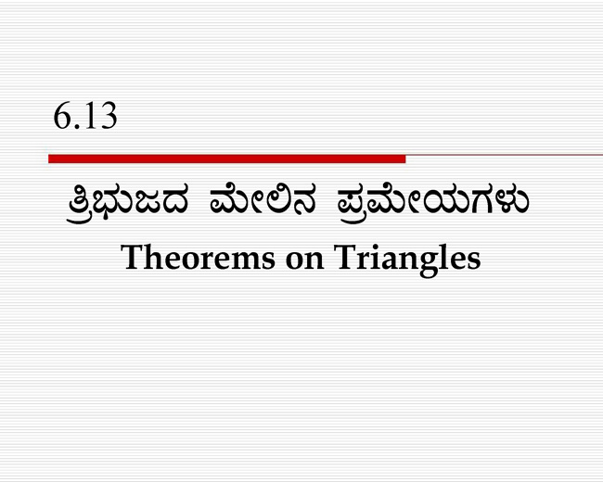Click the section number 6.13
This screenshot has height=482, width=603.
(x=85, y=116)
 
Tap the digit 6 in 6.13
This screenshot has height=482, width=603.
(x=61, y=116)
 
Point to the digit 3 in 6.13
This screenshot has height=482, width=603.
(x=108, y=116)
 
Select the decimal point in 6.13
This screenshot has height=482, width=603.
(x=76, y=126)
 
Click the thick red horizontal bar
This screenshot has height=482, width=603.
(x=227, y=159)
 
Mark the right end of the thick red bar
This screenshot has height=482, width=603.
(x=405, y=159)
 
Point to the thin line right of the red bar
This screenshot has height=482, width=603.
(x=504, y=155)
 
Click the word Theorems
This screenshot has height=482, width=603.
(x=198, y=257)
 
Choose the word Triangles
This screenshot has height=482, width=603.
(x=407, y=260)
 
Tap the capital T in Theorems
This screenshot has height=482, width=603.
(x=133, y=257)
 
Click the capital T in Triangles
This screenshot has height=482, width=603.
(x=346, y=257)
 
